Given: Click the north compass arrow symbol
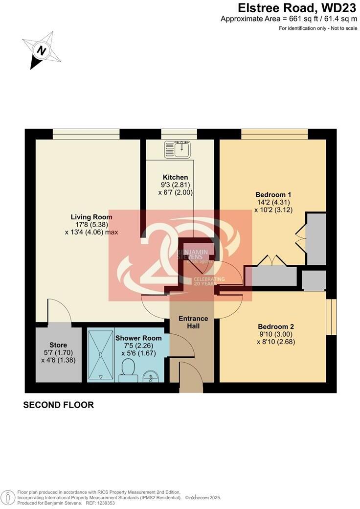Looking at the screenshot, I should pos(42,50).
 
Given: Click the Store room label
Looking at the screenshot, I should pos(58,345).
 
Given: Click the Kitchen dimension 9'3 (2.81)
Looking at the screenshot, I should pos(176,185).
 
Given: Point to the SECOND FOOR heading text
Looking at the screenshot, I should pos(58,405).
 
